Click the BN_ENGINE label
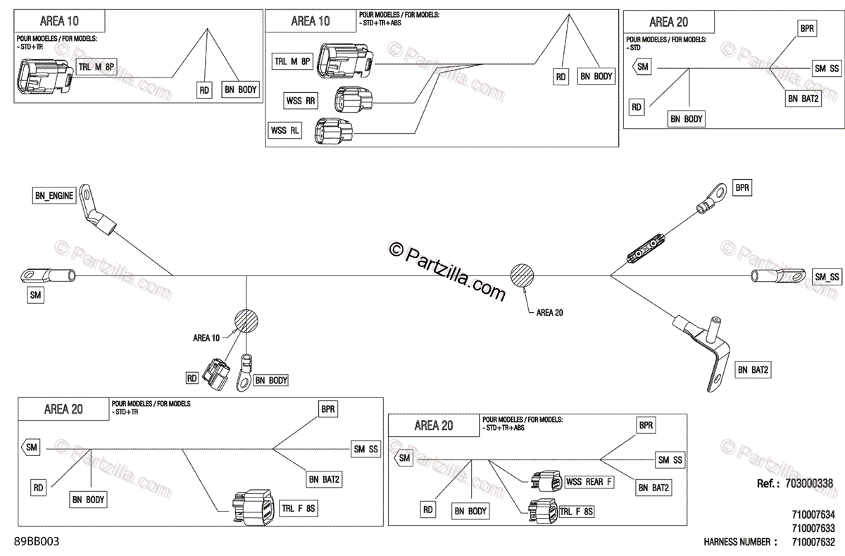pyautogui.click(x=54, y=197)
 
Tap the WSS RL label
pyautogui.click(x=286, y=130)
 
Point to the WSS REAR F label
pyautogui.click(x=589, y=482)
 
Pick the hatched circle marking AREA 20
pyautogui.click(x=522, y=276)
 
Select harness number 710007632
pyautogui.click(x=813, y=542)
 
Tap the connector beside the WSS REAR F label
pyautogui.click(x=548, y=482)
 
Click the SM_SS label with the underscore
pyautogui.click(x=827, y=277)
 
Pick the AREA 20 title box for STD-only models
pyautogui.click(x=669, y=23)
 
